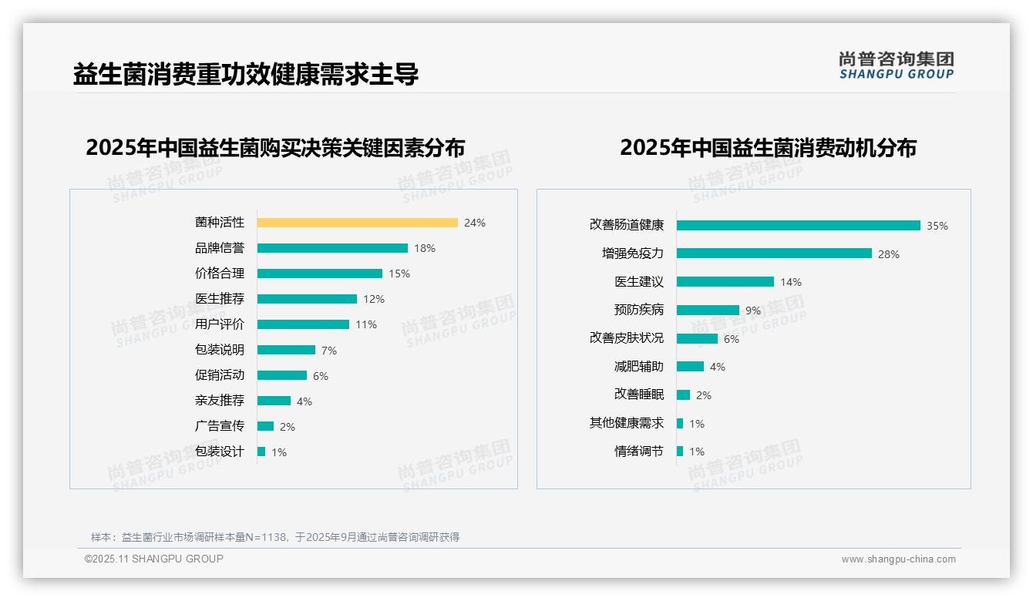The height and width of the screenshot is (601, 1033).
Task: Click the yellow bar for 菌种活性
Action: [357, 223]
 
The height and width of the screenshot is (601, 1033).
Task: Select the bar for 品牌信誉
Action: [332, 248]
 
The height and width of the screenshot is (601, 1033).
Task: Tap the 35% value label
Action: [937, 226]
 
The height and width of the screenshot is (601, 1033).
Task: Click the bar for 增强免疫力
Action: [774, 253]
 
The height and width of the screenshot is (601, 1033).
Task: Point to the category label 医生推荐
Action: [220, 299]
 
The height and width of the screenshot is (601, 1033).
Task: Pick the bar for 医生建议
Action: [725, 282]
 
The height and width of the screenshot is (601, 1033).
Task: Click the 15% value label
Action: [399, 274]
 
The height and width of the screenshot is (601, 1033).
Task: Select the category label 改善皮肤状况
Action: [626, 338]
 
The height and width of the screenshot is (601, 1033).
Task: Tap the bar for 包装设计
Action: [261, 452]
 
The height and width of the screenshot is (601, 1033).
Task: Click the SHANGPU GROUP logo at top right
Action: [896, 65]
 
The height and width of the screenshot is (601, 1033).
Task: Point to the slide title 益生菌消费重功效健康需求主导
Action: [246, 74]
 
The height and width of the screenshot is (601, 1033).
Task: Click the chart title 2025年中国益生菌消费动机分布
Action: [768, 148]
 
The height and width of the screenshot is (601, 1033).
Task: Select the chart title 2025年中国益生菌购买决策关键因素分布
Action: [275, 148]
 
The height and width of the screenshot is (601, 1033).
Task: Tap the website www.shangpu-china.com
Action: [898, 559]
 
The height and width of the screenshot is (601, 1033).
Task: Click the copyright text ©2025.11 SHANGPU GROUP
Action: [154, 559]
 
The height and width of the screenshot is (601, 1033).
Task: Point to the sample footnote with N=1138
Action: [275, 537]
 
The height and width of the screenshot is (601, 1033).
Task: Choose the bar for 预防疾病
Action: [708, 311]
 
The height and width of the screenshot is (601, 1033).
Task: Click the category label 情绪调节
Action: [638, 452]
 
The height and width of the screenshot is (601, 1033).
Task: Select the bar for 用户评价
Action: [303, 324]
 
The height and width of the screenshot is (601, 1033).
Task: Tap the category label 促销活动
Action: [220, 375]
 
